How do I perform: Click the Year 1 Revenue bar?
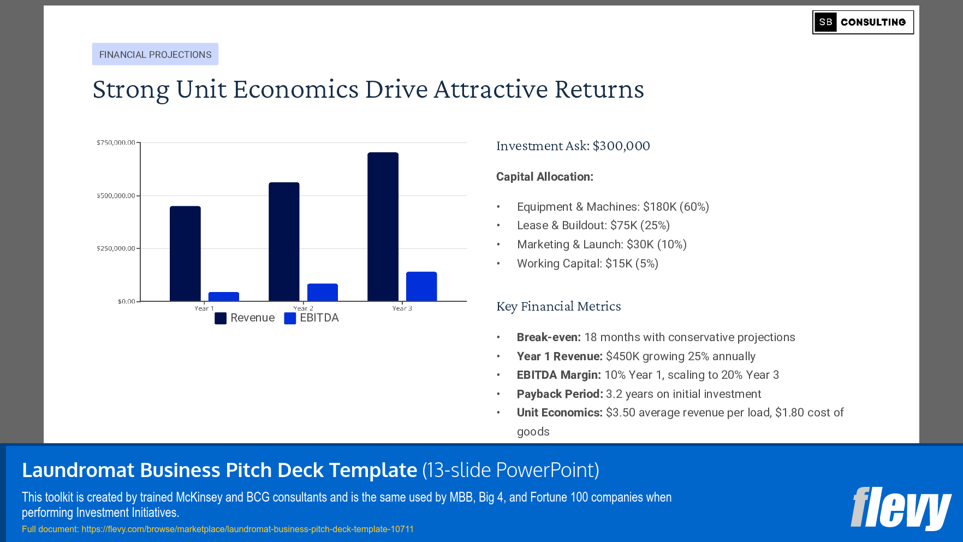pos(185,253)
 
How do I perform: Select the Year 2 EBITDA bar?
pos(322,293)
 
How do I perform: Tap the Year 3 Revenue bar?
pos(383,227)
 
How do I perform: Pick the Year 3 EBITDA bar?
pos(421,287)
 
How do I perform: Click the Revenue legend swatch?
pos(221,318)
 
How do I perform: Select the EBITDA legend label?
pos(319,318)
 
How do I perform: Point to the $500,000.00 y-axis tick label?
pos(116,195)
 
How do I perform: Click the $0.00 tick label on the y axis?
pos(126,301)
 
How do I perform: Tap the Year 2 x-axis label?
pos(303,308)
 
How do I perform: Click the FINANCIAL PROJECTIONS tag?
pos(155,55)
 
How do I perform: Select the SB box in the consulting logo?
pos(825,22)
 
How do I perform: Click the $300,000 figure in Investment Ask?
pos(621,146)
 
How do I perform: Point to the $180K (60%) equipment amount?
pos(676,207)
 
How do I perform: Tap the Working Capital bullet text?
pos(587,264)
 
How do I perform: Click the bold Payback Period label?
pos(560,394)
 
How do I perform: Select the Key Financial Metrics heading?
pos(558,306)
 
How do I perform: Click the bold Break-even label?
pos(549,337)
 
